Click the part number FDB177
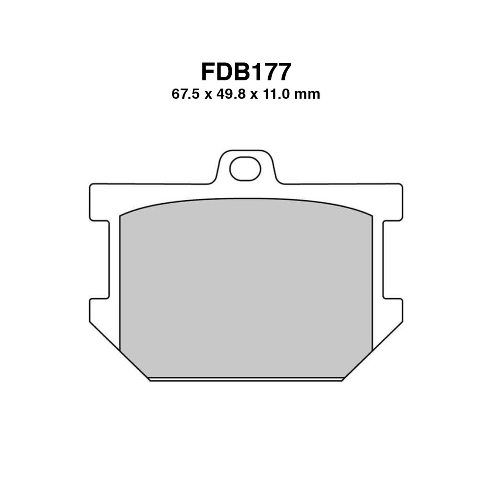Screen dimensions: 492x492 pyautogui.click(x=246, y=72)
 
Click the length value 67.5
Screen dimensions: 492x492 pyautogui.click(x=185, y=94)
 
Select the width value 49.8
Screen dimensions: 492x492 pyautogui.click(x=231, y=94)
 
